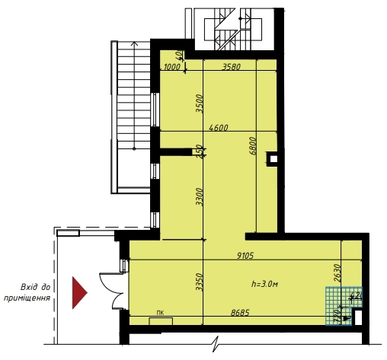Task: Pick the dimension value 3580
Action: [x=232, y=67]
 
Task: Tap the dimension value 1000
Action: [x=173, y=67]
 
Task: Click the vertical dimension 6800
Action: [x=252, y=145]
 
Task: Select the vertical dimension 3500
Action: [x=199, y=103]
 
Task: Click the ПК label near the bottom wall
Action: [x=160, y=313]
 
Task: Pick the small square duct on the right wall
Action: [x=272, y=159]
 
